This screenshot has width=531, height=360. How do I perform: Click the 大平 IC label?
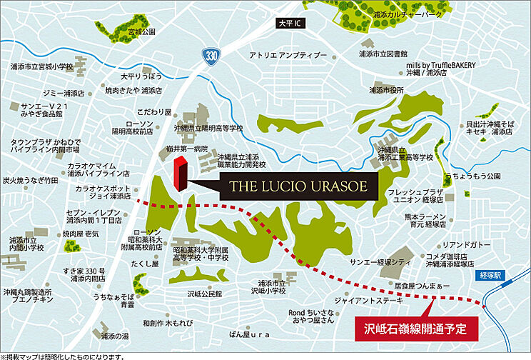tap(291, 24)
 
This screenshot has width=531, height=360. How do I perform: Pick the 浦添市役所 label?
tap(386, 91)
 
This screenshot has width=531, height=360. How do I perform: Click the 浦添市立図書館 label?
tap(383, 54)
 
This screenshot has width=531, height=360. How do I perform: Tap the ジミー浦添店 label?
tap(64, 94)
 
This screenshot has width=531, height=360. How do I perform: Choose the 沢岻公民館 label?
tap(205, 294)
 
